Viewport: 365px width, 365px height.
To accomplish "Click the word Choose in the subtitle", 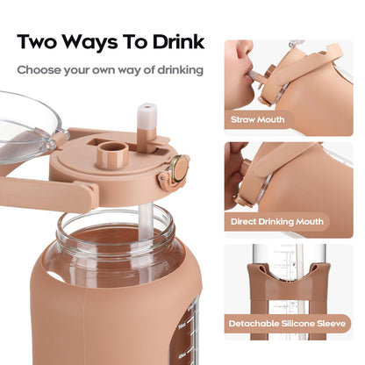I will pos(40,68).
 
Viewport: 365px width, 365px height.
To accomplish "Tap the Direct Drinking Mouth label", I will pos(276,223).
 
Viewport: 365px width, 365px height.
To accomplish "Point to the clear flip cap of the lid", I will pos(26,123).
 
